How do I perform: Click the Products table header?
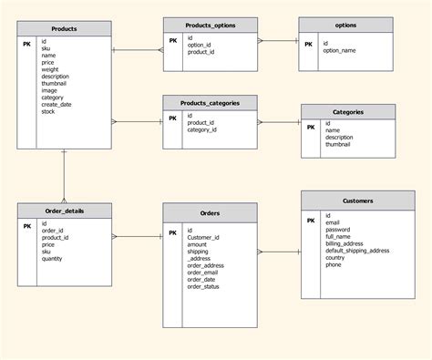click(x=65, y=29)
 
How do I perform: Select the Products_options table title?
click(x=211, y=26)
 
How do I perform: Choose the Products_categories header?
click(x=211, y=103)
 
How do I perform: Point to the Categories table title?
click(x=348, y=111)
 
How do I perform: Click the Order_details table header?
click(x=65, y=211)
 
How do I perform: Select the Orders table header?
click(x=210, y=212)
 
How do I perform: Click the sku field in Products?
click(x=46, y=48)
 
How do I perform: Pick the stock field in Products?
click(x=48, y=111)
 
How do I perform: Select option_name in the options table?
click(x=339, y=51)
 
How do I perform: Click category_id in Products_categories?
click(x=202, y=130)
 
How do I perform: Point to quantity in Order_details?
click(x=53, y=259)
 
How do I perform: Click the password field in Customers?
click(x=339, y=230)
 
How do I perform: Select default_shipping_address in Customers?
click(x=357, y=251)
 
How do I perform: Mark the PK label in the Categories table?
click(x=311, y=126)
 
